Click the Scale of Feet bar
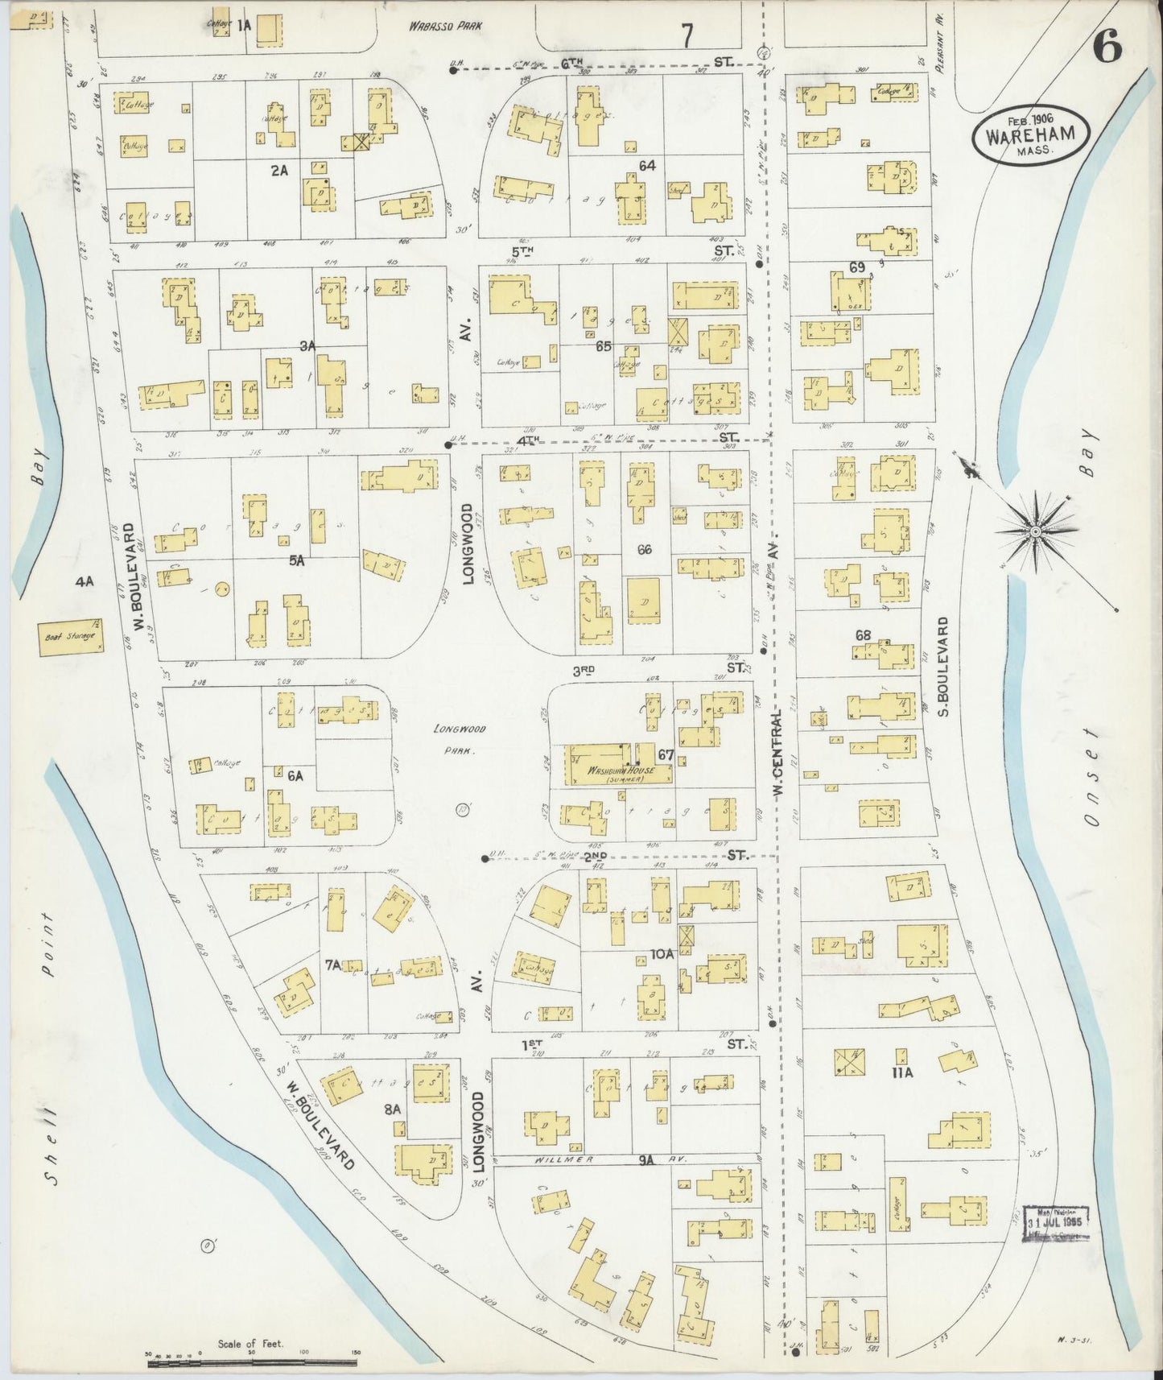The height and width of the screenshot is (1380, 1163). pyautogui.click(x=254, y=1357)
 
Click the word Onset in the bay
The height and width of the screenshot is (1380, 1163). pyautogui.click(x=1091, y=777)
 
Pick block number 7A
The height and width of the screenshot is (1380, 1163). pyautogui.click(x=333, y=963)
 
